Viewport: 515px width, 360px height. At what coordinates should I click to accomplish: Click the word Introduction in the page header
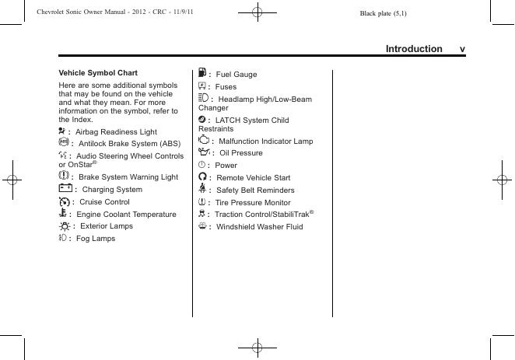click(x=414, y=49)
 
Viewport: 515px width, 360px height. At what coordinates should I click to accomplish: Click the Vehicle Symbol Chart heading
click(x=98, y=72)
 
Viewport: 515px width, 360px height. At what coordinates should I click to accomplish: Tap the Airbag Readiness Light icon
click(x=62, y=131)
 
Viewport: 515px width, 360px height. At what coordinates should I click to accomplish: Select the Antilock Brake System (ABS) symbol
click(x=63, y=143)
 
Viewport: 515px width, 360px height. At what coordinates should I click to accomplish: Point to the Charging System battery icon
click(x=65, y=189)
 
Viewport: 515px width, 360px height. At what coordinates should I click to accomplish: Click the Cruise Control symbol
click(x=64, y=201)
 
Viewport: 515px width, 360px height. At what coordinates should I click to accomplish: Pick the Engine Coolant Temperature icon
click(x=63, y=213)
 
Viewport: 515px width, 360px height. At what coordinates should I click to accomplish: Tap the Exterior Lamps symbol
click(x=64, y=225)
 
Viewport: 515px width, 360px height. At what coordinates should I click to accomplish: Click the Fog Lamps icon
click(x=63, y=238)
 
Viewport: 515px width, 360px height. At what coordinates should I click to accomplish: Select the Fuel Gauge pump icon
click(x=202, y=74)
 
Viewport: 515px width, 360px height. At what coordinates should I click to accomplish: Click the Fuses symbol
click(x=202, y=86)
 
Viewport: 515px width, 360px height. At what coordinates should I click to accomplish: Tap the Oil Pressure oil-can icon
click(x=205, y=153)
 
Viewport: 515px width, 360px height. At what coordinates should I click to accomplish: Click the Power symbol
click(x=201, y=165)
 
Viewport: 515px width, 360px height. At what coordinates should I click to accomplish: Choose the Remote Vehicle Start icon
click(x=202, y=177)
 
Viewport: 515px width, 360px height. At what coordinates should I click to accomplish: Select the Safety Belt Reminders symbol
click(x=202, y=190)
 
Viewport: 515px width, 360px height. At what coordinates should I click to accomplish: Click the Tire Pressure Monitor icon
click(x=201, y=202)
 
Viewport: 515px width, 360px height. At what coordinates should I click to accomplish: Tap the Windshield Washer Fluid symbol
click(x=202, y=226)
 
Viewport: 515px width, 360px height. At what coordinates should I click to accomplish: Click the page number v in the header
click(x=462, y=49)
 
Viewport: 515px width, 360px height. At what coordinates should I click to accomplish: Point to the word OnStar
click(x=78, y=165)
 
